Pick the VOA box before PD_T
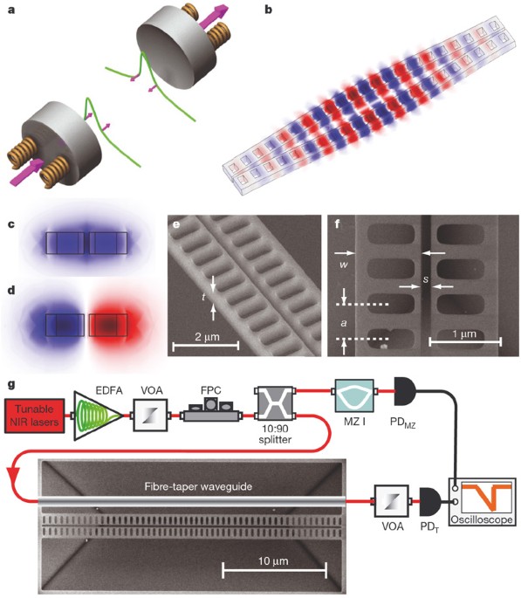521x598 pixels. (388, 504)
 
